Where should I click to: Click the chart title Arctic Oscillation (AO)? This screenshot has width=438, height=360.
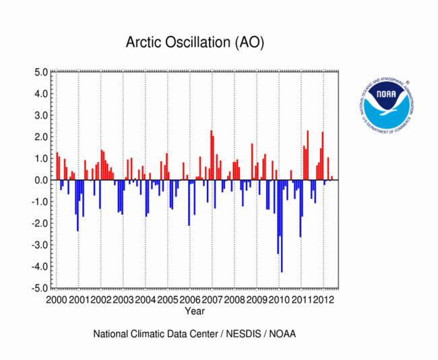tap(195, 42)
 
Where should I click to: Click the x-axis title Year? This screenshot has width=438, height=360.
tap(195, 311)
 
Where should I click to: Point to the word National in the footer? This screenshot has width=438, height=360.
tap(111, 334)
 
